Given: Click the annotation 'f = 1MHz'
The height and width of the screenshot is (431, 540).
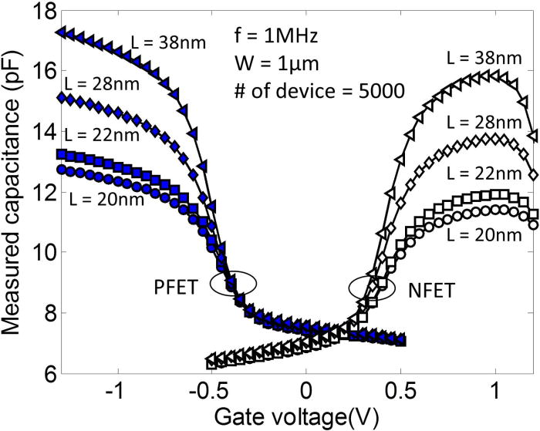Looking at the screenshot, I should point(282,35).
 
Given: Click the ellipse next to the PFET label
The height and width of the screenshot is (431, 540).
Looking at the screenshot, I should point(233,283).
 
